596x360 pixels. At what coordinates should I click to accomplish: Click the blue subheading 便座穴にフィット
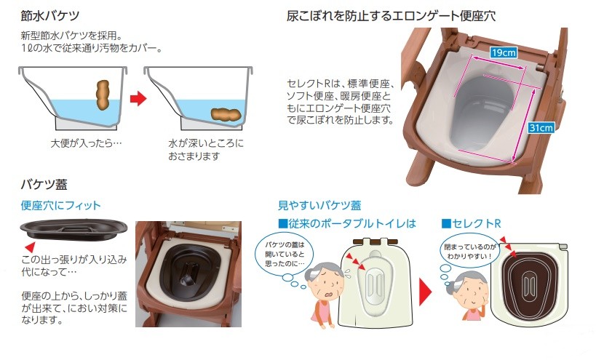60,206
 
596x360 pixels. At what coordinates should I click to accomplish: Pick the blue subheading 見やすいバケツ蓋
319,205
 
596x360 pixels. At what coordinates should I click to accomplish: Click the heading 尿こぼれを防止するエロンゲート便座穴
392,15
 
